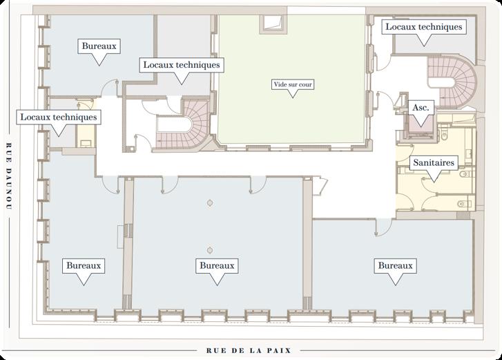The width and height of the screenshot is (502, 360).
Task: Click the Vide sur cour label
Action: (293, 84)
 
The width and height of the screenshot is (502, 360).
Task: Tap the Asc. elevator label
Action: (421, 107)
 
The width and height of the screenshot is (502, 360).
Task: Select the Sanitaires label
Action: (434, 162)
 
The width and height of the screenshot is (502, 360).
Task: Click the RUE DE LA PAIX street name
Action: (249, 351)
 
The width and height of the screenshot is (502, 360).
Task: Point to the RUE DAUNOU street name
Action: (9, 176)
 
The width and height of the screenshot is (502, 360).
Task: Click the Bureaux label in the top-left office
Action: (99, 46)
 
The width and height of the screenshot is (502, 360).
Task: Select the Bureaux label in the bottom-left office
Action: (84, 265)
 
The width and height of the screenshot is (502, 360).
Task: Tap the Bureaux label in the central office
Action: (217, 265)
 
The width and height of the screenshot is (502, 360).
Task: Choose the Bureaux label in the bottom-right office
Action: (396, 265)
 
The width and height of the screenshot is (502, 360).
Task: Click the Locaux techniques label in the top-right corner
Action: (423, 26)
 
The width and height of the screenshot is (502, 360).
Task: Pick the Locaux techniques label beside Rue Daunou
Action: (59, 117)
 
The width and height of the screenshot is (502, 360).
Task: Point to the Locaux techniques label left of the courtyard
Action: (182, 65)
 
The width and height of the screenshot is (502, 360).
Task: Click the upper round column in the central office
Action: (210, 203)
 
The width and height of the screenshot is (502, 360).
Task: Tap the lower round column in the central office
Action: (210, 250)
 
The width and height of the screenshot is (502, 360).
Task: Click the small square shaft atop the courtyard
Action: (273, 23)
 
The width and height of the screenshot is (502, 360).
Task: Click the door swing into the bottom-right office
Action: (383, 227)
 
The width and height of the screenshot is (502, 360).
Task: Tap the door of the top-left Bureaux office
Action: (110, 88)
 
